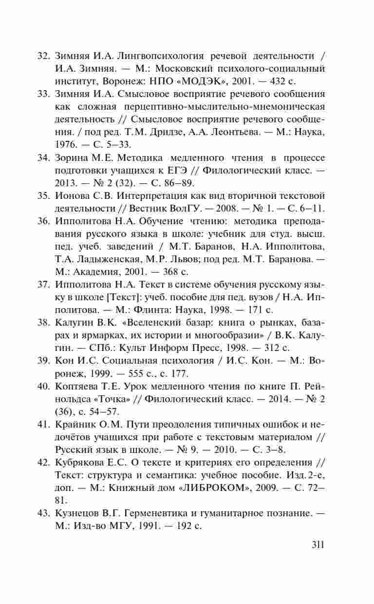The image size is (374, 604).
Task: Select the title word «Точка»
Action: click(x=98, y=399)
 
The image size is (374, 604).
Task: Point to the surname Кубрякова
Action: click(x=80, y=462)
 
